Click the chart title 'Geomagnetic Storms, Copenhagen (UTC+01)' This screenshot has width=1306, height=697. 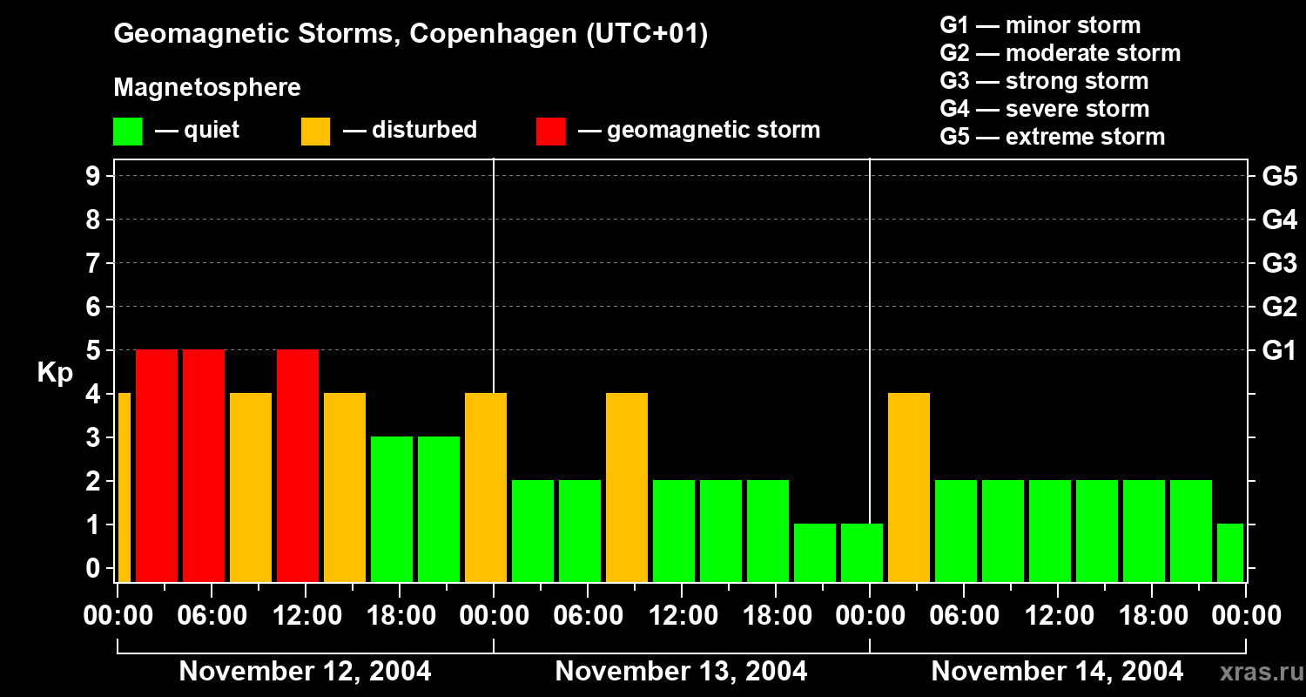pyautogui.click(x=410, y=34)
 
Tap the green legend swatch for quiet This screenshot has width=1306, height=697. pyautogui.click(x=127, y=132)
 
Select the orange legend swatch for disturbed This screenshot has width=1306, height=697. pyautogui.click(x=315, y=132)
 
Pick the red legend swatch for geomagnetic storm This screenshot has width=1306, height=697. pyautogui.click(x=550, y=132)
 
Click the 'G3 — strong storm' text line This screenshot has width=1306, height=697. pyautogui.click(x=1044, y=81)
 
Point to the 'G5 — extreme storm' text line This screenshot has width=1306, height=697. pyautogui.click(x=1052, y=137)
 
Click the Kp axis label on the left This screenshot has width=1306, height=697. pyautogui.click(x=55, y=373)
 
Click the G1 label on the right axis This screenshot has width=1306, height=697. pyautogui.click(x=1279, y=351)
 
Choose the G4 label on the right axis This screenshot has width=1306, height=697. pyautogui.click(x=1279, y=220)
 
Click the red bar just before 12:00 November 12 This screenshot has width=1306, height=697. pyautogui.click(x=298, y=465)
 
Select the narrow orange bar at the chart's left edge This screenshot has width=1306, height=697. pyautogui.click(x=124, y=487)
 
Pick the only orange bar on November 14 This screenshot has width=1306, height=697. pyautogui.click(x=909, y=487)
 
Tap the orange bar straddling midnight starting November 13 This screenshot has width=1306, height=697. pyautogui.click(x=486, y=487)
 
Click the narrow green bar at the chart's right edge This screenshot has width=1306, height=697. pyautogui.click(x=1230, y=552)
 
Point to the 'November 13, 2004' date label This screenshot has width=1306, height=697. pyautogui.click(x=681, y=672)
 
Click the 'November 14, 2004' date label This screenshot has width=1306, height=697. pyautogui.click(x=1057, y=672)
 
